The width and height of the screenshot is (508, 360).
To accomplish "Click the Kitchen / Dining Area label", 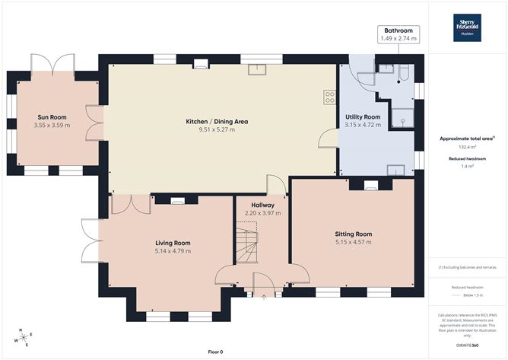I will [x=217, y=121].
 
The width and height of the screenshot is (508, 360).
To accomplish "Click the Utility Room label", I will [x=362, y=116].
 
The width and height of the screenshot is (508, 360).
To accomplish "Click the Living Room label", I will [x=172, y=243].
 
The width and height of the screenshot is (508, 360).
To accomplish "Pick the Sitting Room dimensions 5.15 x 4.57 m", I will [x=354, y=242].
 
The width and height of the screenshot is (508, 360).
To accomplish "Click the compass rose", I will [x=23, y=337].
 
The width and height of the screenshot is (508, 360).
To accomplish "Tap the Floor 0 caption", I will [x=217, y=352].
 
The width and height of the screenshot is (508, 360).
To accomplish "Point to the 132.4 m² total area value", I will [x=467, y=147].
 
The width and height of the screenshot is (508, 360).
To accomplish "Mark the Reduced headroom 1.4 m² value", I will [x=467, y=165].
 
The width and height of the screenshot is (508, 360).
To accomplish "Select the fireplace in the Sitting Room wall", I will [x=370, y=183].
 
